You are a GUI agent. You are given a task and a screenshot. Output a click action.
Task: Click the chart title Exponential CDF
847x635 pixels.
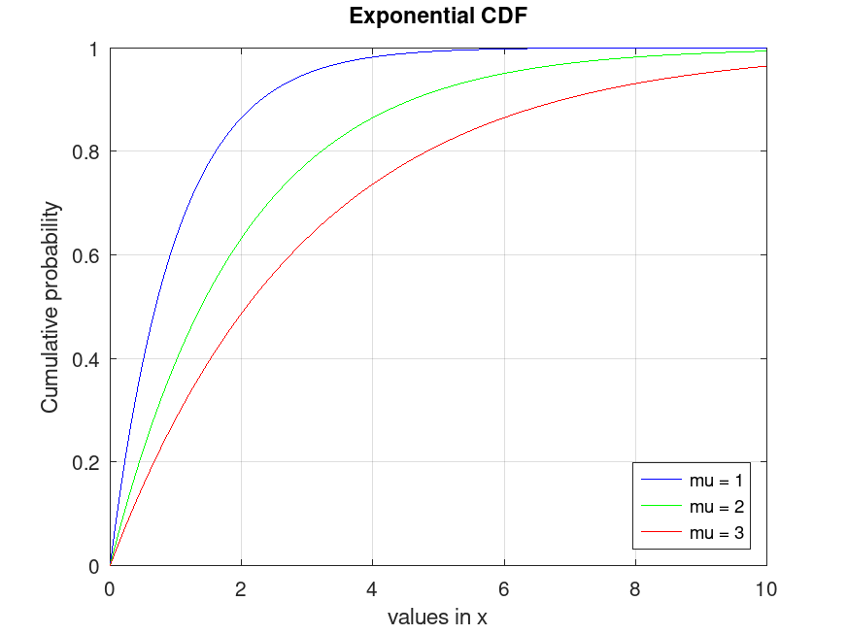point(437,17)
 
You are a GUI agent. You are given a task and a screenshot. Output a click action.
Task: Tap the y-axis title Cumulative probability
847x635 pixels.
point(50,307)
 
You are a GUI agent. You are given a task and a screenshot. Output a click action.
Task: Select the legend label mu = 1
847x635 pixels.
point(716,480)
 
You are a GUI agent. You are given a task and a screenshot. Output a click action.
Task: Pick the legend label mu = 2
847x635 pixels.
point(716,506)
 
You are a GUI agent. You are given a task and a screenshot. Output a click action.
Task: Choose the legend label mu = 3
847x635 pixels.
point(716,532)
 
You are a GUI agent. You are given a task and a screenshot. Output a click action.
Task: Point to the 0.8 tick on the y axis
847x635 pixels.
point(87,152)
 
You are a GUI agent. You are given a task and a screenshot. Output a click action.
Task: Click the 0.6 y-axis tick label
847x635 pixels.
point(87,255)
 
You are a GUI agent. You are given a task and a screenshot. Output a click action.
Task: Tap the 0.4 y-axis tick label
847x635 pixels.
point(87,359)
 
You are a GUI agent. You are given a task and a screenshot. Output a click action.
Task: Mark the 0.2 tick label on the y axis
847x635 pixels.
point(87,463)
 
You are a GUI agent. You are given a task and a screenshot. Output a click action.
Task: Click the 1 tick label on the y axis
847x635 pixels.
point(94,49)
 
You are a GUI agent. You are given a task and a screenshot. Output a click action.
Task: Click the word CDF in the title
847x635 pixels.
point(502,17)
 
